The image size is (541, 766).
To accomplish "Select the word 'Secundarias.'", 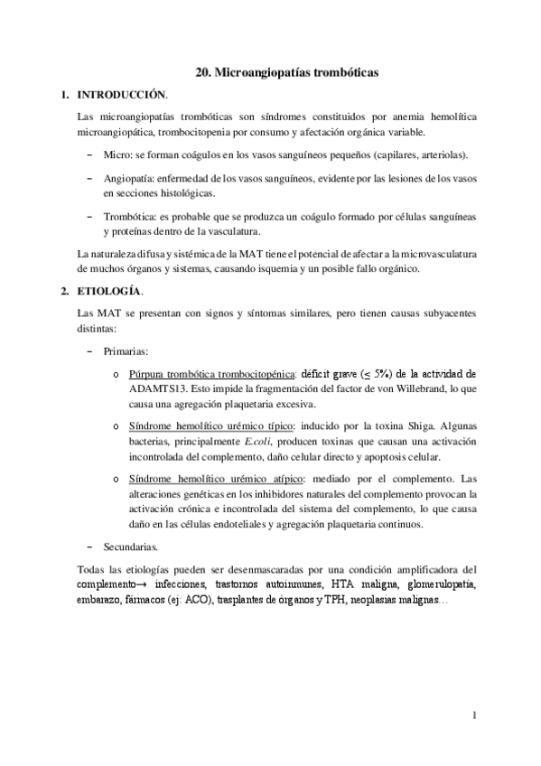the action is pyautogui.click(x=132, y=546).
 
